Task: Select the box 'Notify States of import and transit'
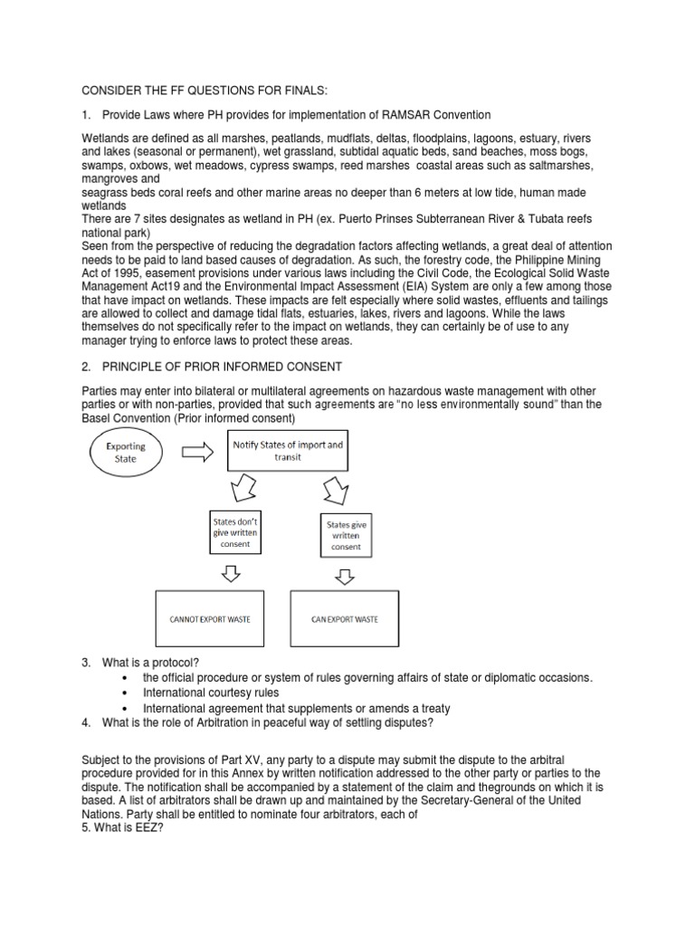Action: [x=284, y=451]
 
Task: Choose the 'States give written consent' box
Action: [x=346, y=534]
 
